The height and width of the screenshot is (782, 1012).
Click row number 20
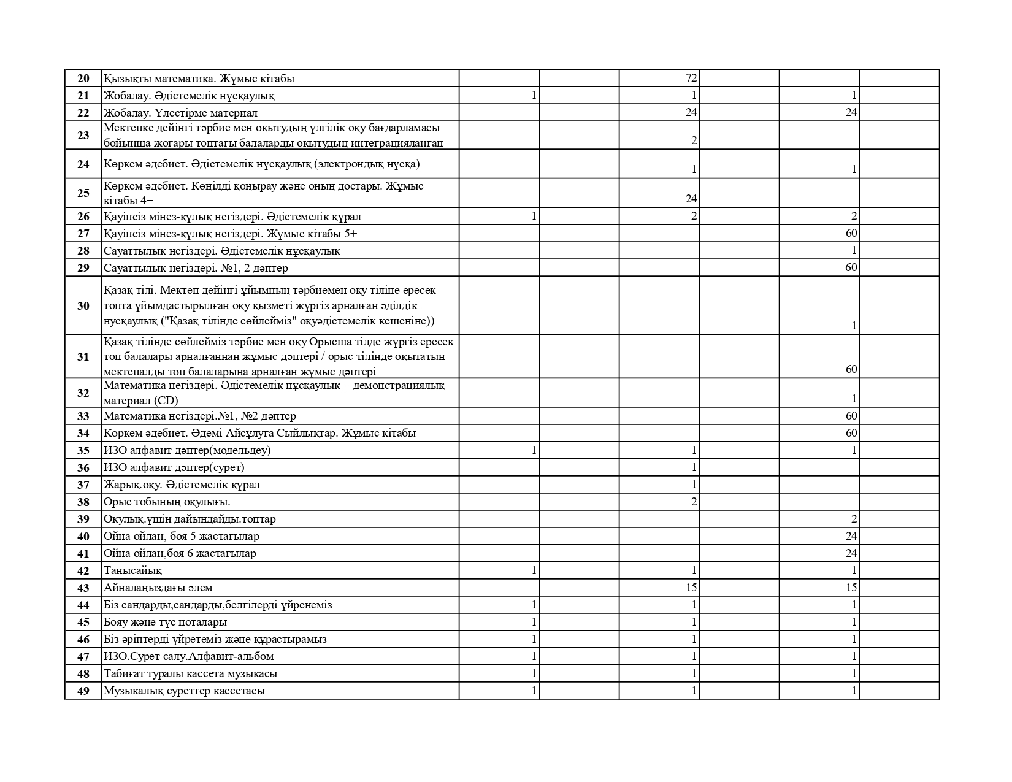click(x=83, y=79)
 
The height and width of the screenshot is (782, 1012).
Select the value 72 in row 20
click(x=691, y=79)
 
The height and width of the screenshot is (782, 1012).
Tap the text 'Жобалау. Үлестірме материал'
click(x=180, y=113)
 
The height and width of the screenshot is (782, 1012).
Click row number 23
click(x=83, y=136)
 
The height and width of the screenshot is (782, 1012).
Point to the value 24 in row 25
click(x=691, y=199)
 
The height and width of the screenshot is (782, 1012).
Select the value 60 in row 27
click(x=851, y=233)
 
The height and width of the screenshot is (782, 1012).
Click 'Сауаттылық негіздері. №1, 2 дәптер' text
click(x=196, y=268)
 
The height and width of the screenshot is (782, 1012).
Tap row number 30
click(x=83, y=305)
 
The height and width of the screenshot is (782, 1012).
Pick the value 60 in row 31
click(x=851, y=369)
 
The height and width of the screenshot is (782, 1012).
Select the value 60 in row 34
click(x=851, y=433)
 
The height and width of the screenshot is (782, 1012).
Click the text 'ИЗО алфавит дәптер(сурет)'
click(x=174, y=467)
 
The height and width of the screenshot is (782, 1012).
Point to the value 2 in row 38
click(x=694, y=502)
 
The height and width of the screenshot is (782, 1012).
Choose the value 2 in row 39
click(x=854, y=519)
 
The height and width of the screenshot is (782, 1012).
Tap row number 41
click(x=83, y=553)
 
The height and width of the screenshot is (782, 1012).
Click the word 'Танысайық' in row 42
click(x=132, y=570)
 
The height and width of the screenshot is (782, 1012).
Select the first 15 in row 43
click(x=691, y=588)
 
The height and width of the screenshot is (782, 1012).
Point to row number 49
click(x=83, y=691)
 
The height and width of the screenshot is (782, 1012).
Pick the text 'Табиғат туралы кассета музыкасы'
click(x=190, y=673)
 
